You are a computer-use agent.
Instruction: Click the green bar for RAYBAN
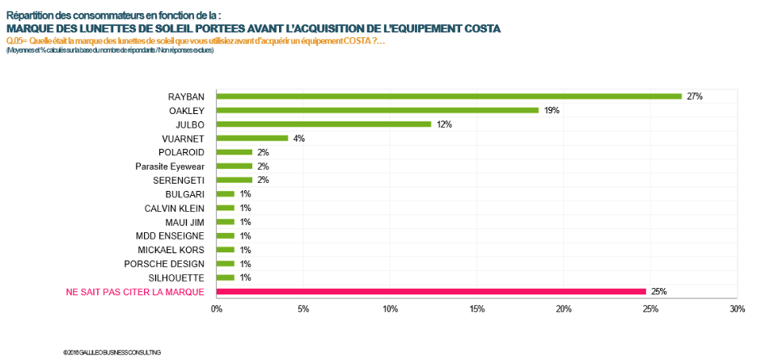[449, 96]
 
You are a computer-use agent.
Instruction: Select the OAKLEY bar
[377, 110]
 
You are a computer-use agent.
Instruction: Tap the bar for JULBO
[324, 124]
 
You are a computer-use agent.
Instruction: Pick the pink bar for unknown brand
[431, 291]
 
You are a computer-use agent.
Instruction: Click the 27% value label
[694, 96]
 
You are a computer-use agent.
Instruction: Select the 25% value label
[658, 291]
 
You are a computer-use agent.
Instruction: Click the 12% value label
[442, 124]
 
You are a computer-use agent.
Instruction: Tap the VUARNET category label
[183, 138]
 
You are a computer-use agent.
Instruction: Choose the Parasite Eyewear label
[170, 166]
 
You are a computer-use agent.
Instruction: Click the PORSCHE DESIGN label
[164, 264]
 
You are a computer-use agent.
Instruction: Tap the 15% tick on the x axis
[476, 309]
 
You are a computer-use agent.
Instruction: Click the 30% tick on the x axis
[736, 309]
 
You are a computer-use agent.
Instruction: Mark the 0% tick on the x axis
[217, 309]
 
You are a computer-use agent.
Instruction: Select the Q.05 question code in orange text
[15, 40]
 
